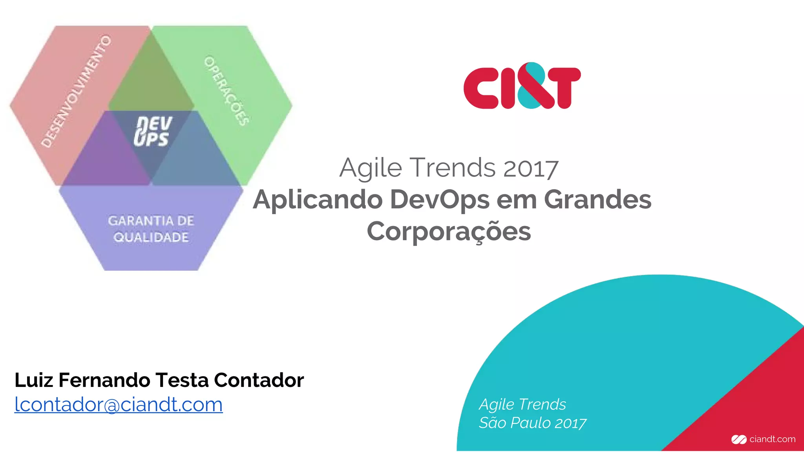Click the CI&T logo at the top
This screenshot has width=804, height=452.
click(522, 86)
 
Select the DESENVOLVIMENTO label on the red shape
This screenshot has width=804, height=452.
click(77, 91)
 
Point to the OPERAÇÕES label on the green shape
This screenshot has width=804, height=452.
click(226, 91)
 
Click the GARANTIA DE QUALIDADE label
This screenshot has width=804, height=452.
click(151, 229)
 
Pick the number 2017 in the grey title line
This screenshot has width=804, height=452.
click(531, 168)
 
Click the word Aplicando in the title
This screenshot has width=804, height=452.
click(318, 199)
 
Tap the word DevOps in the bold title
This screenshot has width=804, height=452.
click(440, 199)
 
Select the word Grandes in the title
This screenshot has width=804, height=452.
click(598, 199)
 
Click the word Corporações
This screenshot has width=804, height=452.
click(449, 231)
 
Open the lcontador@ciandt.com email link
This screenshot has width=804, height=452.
click(119, 404)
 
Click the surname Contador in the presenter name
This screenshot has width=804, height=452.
click(259, 380)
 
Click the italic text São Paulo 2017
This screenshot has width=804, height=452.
click(532, 423)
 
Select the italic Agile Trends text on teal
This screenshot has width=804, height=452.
click(523, 404)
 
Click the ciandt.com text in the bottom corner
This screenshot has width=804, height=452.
click(772, 439)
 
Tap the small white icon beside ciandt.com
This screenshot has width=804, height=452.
click(738, 439)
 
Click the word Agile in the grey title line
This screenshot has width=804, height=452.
click(371, 168)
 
